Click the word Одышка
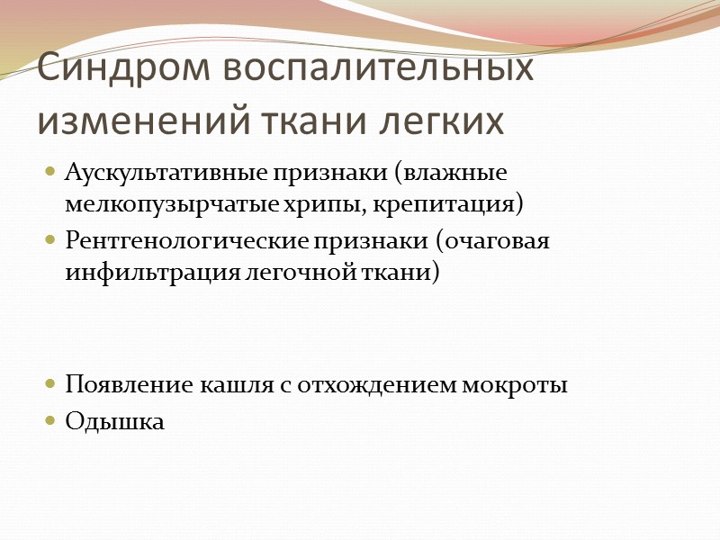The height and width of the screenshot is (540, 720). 115,420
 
